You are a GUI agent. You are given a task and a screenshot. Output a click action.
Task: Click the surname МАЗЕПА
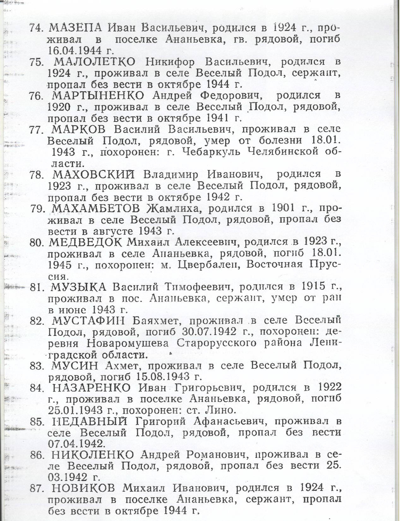[x=76, y=28]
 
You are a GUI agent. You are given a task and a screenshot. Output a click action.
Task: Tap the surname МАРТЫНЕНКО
[x=98, y=96]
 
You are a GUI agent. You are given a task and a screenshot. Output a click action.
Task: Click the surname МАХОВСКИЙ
[x=93, y=175]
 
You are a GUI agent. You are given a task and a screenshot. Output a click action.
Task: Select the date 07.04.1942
[x=76, y=444]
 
